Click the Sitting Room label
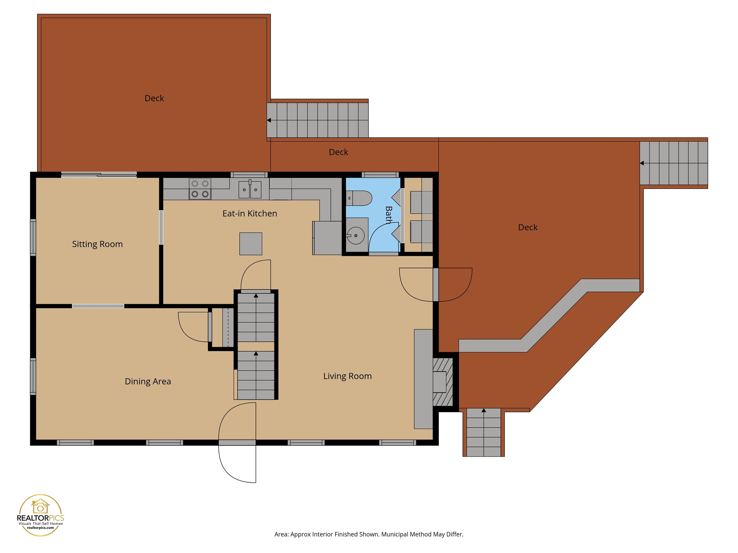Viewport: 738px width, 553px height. tap(98, 244)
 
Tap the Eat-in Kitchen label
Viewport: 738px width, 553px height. tap(250, 214)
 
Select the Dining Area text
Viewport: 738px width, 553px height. tap(148, 381)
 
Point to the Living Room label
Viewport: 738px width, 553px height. tap(347, 376)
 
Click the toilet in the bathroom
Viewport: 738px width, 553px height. tap(359, 198)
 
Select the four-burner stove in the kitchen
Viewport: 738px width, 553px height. tap(200, 189)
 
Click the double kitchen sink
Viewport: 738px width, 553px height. tap(250, 189)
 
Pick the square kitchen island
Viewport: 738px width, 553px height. tap(251, 244)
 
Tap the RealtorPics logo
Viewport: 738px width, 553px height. tap(40, 515)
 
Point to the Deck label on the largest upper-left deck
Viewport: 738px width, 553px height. tap(154, 98)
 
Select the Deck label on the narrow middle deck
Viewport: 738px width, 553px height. tap(338, 152)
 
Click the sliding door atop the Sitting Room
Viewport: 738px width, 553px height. tap(99, 175)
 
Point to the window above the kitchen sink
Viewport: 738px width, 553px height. tap(249, 175)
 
